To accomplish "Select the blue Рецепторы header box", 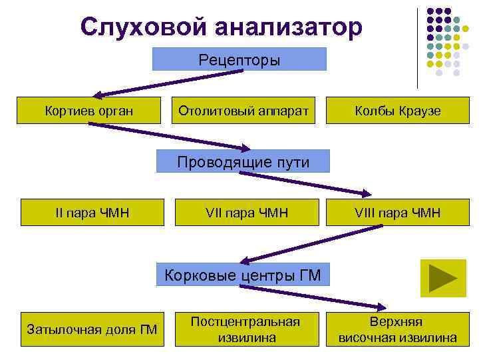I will (x=239, y=59).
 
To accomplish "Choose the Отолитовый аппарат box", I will (x=243, y=111).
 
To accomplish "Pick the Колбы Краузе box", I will (x=398, y=111).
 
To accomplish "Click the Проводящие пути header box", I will (x=242, y=162).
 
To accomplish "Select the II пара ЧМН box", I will (x=92, y=213).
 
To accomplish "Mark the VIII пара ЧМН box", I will (x=398, y=213).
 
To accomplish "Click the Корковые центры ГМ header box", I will (x=242, y=275).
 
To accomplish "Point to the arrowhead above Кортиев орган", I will (x=97, y=95).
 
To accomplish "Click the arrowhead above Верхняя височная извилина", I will (x=382, y=307).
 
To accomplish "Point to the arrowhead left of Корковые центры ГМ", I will (x=243, y=261).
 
